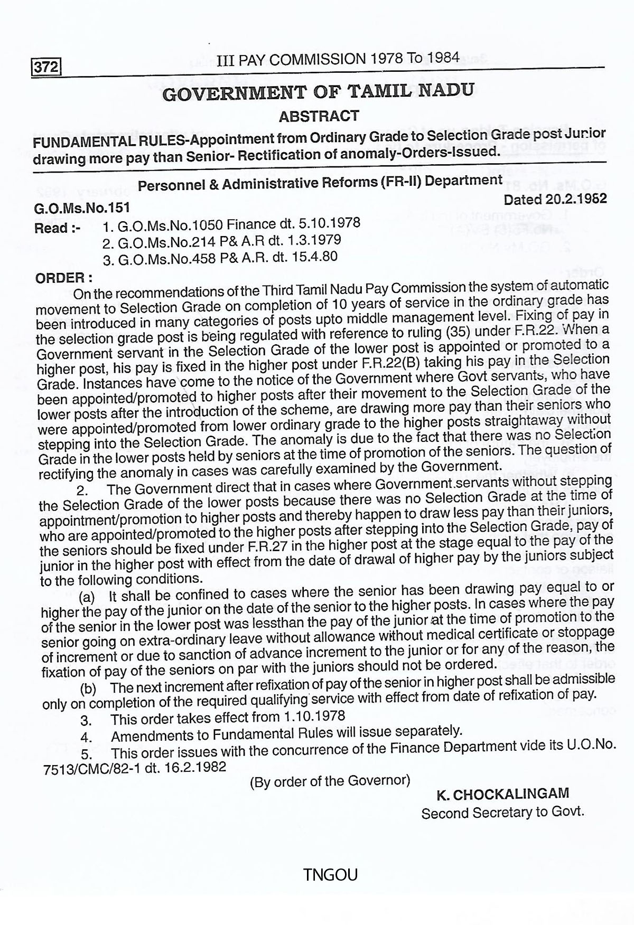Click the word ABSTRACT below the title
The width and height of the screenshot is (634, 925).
(319, 116)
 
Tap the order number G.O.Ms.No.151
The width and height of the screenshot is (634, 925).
(82, 208)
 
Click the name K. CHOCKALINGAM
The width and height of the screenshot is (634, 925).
(502, 794)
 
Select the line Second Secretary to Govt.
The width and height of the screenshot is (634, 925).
(502, 812)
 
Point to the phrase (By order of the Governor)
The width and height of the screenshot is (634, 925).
(330, 781)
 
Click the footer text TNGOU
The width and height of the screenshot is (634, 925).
(331, 875)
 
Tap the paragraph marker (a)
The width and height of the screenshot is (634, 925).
(87, 597)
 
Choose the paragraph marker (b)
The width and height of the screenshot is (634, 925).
(88, 688)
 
